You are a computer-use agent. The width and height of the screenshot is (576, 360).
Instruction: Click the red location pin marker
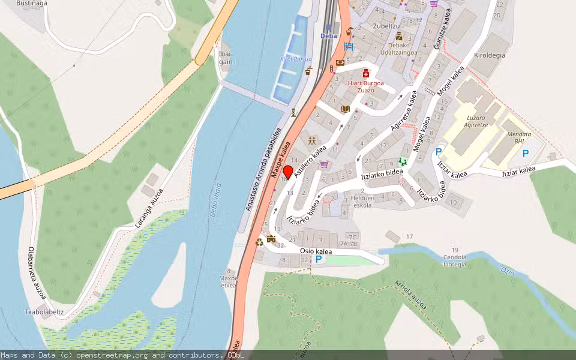pos(288,172)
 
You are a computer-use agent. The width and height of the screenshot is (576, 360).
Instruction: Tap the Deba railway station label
pos(328,36)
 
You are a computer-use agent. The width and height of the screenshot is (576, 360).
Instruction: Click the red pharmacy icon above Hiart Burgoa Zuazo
pos(365,73)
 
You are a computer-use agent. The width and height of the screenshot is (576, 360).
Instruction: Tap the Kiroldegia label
pos(489,55)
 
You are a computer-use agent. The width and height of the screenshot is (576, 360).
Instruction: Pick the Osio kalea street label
pos(315,251)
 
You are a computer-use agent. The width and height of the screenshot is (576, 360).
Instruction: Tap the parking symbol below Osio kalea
pos(319,259)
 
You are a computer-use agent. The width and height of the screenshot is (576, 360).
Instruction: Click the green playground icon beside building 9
pos(403,161)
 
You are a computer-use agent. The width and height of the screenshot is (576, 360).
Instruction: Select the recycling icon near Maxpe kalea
pos(259,242)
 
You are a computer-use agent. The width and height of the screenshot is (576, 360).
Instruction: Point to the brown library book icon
pos(345,109)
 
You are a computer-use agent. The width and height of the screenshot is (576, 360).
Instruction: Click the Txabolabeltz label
pos(44,312)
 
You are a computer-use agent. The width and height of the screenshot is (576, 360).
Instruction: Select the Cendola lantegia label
pos(454,257)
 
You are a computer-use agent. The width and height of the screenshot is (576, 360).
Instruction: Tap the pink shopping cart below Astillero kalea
pos(325,164)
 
